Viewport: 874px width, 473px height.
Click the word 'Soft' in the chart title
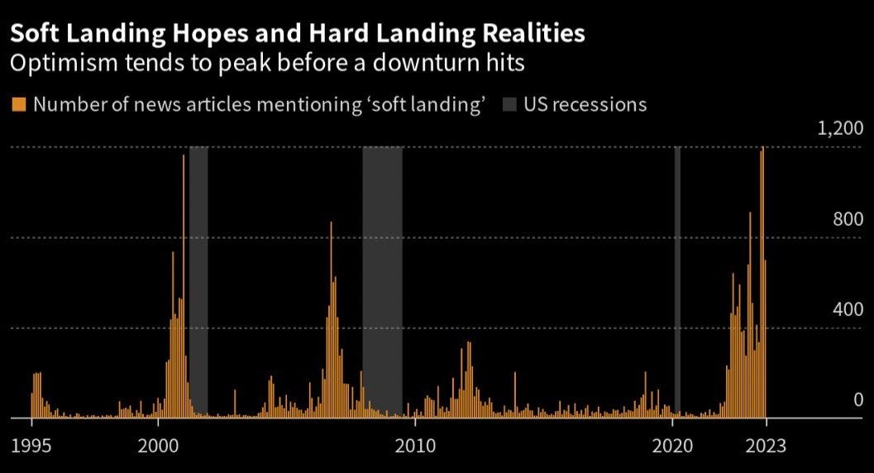click(35, 34)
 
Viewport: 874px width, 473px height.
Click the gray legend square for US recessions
click(510, 104)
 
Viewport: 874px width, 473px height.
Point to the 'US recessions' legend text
click(585, 104)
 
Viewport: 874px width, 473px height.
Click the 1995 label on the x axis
click(32, 446)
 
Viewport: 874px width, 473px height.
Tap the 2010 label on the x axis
click(414, 446)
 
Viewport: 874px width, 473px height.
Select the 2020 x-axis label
click(671, 446)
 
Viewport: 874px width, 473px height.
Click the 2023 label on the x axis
click(767, 446)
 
